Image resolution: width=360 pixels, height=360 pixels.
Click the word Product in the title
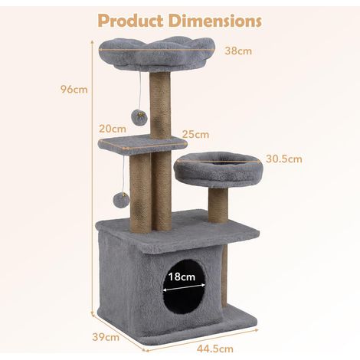click(x=131, y=21)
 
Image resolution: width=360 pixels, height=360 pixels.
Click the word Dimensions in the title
click(x=215, y=21)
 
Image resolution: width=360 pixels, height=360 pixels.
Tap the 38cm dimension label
click(x=238, y=51)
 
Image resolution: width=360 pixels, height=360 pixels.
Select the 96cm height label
click(x=74, y=90)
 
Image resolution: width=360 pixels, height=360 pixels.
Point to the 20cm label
click(x=113, y=129)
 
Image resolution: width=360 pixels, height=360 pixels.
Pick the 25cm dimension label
click(x=195, y=135)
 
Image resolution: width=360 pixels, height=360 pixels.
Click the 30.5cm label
click(x=284, y=159)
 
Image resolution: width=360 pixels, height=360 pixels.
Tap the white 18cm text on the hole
click(x=182, y=277)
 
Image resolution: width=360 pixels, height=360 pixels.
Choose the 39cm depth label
click(x=106, y=337)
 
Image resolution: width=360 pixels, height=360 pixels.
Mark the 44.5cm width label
click(x=215, y=349)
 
